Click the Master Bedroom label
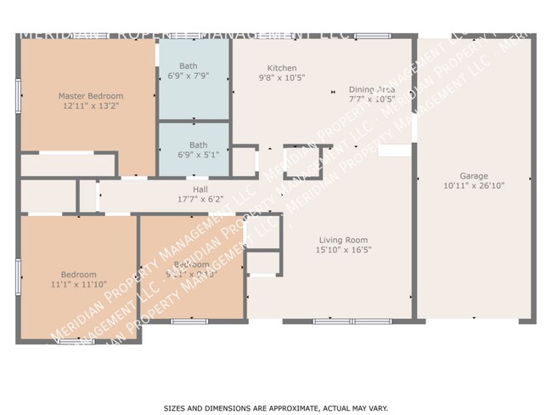click(91, 96)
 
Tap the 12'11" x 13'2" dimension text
click(91, 107)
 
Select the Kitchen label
click(281, 68)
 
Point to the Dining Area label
click(372, 89)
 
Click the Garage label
click(474, 174)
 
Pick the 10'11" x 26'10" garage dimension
click(474, 185)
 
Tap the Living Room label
click(343, 240)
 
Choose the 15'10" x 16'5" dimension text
click(343, 251)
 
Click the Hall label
click(200, 190)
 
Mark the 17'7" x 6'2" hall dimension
click(200, 200)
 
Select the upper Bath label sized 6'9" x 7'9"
click(188, 65)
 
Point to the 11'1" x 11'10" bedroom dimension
click(78, 284)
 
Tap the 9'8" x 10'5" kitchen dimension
click(281, 78)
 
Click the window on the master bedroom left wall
click(19, 91)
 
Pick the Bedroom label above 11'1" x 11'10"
click(78, 274)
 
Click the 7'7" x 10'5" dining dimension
click(372, 99)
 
